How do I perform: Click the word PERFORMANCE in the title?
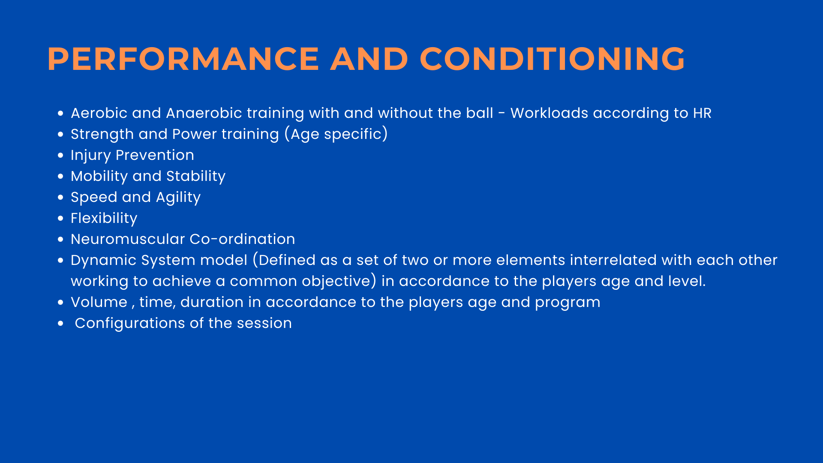coord(183,59)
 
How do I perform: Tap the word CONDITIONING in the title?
coord(553,59)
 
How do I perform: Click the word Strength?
coord(102,135)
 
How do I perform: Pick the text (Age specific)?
coord(336,134)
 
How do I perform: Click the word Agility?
coord(178,198)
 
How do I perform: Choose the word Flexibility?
coord(104,218)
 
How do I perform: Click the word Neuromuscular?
coord(128,239)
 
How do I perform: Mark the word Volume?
coord(99,302)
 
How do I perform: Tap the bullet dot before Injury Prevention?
coord(60,155)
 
